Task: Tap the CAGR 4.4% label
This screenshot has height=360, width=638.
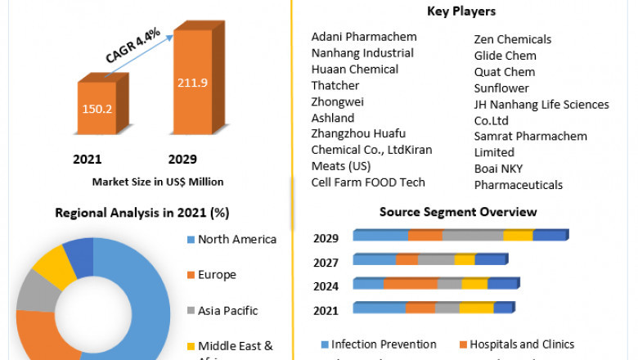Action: tap(133, 46)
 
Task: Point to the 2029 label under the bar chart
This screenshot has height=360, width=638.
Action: tap(182, 159)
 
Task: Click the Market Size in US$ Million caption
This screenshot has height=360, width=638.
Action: tap(158, 182)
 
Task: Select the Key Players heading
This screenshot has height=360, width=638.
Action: tap(461, 11)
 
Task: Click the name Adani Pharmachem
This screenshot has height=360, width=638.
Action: tap(363, 37)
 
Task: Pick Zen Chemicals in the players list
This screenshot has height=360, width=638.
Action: tap(513, 39)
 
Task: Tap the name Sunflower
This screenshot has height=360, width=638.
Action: tap(501, 88)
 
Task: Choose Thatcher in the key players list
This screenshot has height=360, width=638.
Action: tap(335, 85)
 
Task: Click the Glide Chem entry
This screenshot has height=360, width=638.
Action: tap(505, 56)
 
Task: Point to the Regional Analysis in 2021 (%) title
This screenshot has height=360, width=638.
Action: tap(142, 213)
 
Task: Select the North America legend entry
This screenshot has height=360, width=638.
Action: tap(236, 240)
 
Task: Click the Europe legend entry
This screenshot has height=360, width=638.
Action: tap(217, 275)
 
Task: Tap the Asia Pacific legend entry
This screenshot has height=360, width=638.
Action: tap(227, 311)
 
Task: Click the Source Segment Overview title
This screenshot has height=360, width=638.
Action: tap(458, 212)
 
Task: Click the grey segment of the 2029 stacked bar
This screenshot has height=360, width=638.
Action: tap(472, 236)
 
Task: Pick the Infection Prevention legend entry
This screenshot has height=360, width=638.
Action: tap(384, 344)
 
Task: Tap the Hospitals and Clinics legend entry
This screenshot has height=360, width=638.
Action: tap(522, 344)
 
